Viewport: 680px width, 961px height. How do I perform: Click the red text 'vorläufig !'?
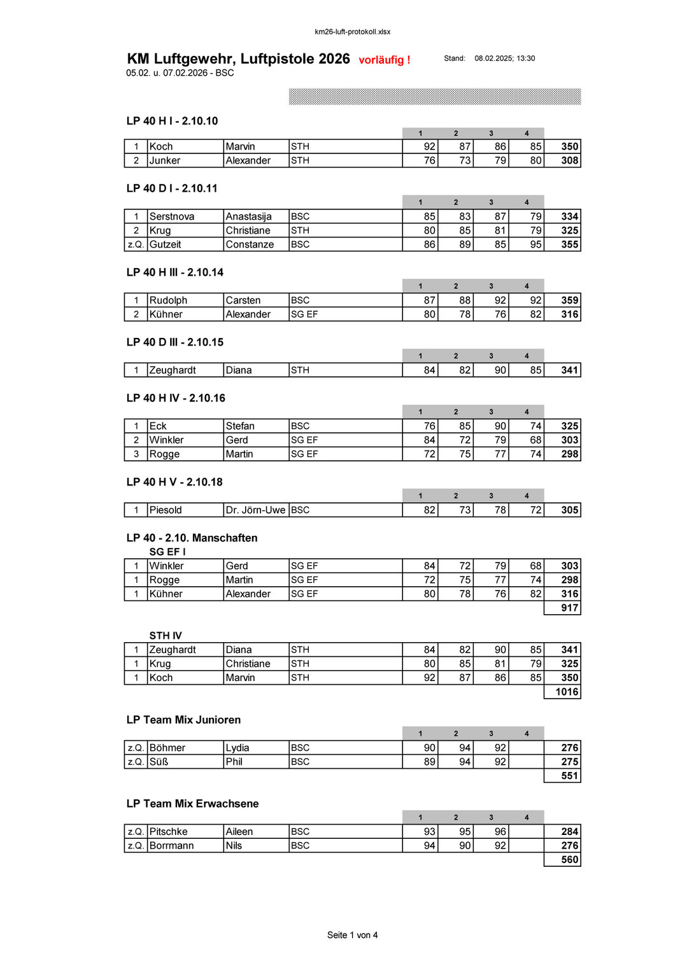(x=384, y=60)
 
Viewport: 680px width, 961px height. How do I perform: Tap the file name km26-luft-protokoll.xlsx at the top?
(x=352, y=32)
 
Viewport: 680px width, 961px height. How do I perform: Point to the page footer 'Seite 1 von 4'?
(x=352, y=935)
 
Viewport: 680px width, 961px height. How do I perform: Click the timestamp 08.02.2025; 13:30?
(x=504, y=59)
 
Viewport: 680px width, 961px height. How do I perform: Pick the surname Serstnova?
(x=172, y=216)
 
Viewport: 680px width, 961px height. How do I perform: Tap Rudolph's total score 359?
(x=569, y=300)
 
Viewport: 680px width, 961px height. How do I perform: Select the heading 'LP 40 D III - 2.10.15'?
(x=175, y=342)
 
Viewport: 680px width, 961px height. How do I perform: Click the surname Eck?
(x=158, y=426)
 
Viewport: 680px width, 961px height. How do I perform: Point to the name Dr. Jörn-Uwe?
(x=255, y=510)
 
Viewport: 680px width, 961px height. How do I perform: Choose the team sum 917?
(x=569, y=608)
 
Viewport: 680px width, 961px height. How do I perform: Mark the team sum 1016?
(x=567, y=692)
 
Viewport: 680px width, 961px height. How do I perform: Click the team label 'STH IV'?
(x=166, y=636)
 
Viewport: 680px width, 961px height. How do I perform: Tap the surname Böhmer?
(x=167, y=748)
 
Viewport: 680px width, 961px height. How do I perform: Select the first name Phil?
(x=234, y=762)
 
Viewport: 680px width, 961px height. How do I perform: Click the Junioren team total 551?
(x=569, y=776)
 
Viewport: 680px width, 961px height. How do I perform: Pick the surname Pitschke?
(x=169, y=832)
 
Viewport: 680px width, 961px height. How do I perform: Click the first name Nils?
(x=234, y=846)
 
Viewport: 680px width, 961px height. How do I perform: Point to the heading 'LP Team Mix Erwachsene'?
(x=192, y=804)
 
